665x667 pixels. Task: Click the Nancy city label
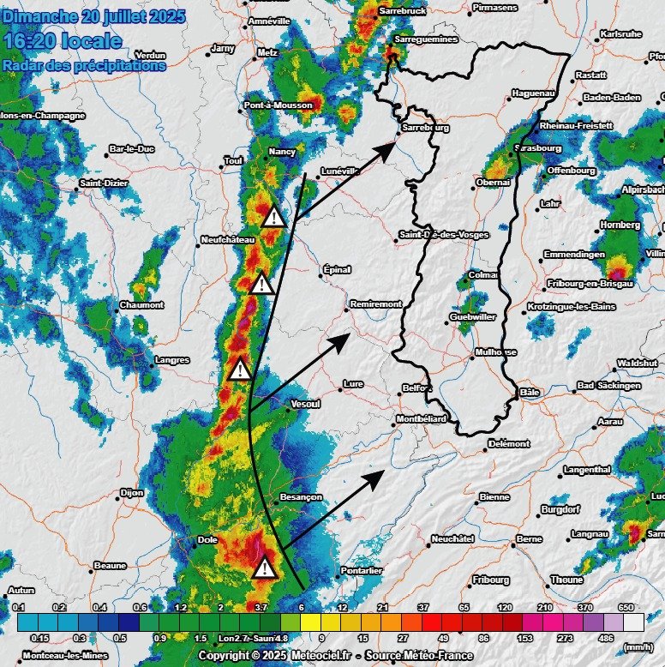[282, 152]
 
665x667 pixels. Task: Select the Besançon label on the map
[301, 497]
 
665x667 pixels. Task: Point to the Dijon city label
[132, 493]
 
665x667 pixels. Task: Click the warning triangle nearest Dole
[266, 568]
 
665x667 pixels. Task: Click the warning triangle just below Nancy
[274, 216]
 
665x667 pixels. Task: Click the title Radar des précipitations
[83, 64]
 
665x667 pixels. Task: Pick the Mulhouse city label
[496, 352]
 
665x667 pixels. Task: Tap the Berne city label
[529, 539]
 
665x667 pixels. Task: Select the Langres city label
[172, 360]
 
